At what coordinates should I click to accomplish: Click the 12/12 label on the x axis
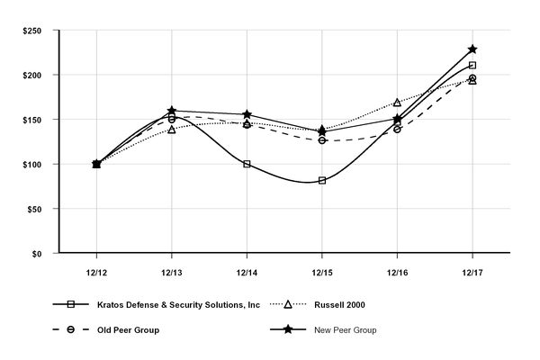[x=96, y=270]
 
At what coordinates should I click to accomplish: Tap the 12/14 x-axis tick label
[x=247, y=270]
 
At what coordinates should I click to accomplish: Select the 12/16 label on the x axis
[x=397, y=270]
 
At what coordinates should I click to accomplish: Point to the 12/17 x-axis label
[x=472, y=270]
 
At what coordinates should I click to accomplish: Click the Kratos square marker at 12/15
[x=322, y=180]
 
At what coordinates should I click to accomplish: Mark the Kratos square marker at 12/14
[x=247, y=164]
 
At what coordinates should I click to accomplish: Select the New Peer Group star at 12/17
[x=472, y=49]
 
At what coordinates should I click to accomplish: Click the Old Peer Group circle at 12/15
[x=322, y=140]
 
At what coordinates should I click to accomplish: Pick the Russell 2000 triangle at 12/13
[x=172, y=130]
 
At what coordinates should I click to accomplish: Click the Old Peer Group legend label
[x=129, y=330]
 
